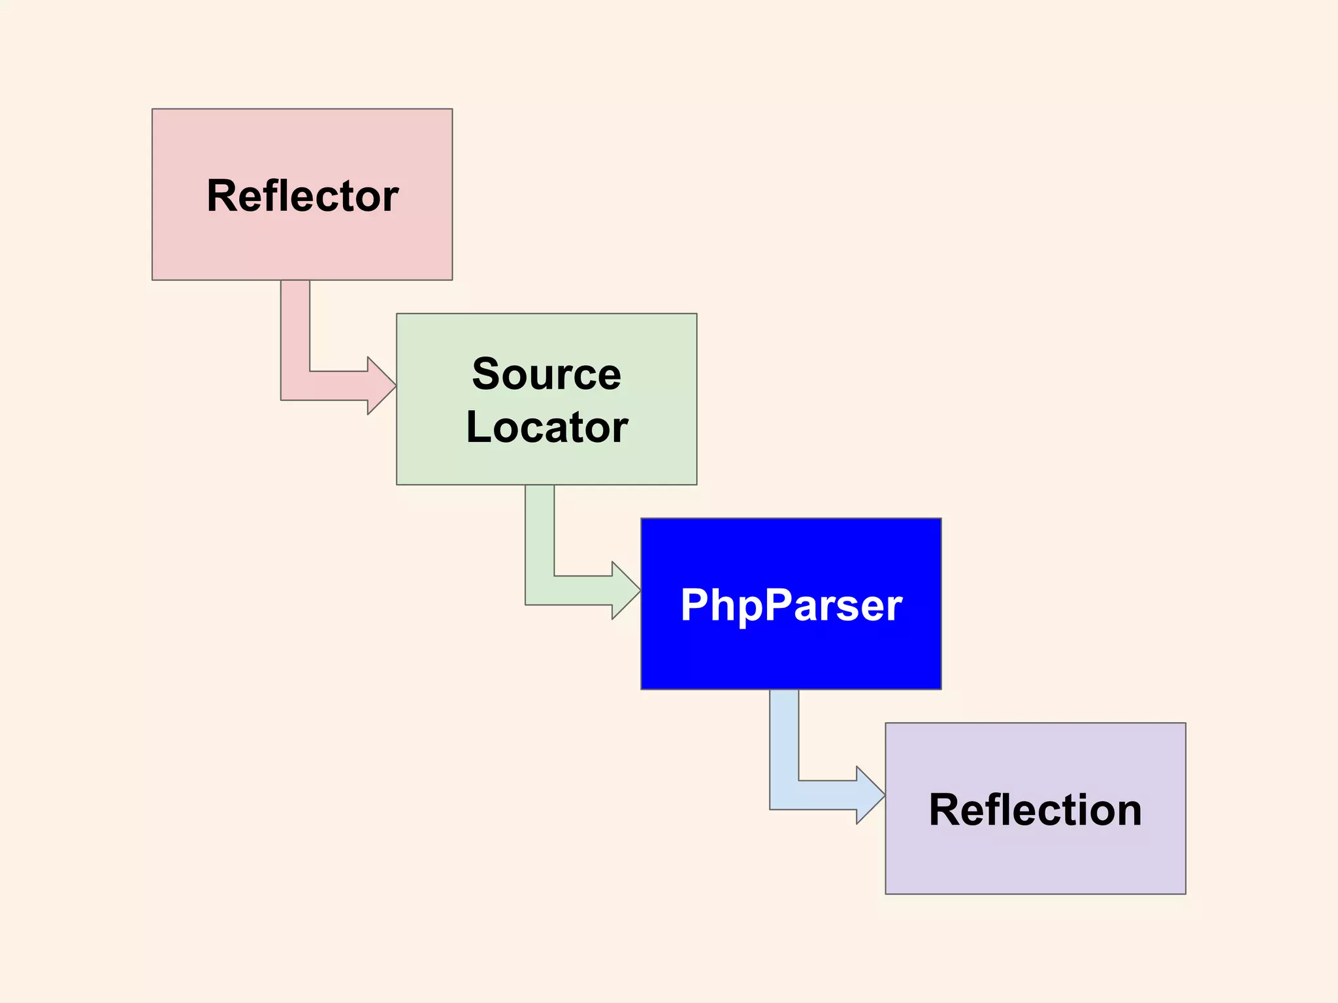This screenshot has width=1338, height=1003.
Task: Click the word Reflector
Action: [302, 196]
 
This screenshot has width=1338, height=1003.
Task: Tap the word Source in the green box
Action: [546, 375]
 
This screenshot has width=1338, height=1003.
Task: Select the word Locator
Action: [546, 428]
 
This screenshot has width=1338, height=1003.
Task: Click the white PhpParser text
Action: [791, 605]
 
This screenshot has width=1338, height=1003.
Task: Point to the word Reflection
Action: [1035, 810]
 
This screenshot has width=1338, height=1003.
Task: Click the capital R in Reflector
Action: [221, 196]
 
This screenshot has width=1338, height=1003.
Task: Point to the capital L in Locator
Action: [478, 428]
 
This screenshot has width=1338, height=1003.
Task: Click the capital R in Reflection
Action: [943, 810]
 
